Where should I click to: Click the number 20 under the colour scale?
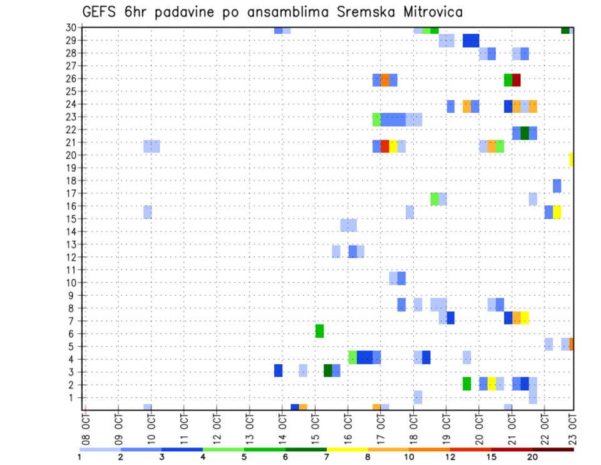tap(532, 457)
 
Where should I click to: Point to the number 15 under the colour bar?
tap(491, 457)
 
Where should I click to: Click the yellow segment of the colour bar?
tap(347, 449)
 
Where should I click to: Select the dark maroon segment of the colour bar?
tap(553, 449)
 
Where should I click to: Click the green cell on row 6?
tap(319, 331)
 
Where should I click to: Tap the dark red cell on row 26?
tap(516, 80)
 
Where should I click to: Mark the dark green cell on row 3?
tap(328, 370)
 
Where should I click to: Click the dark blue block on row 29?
tap(471, 41)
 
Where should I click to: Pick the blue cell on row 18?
tap(557, 185)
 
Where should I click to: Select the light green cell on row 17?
tap(434, 199)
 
